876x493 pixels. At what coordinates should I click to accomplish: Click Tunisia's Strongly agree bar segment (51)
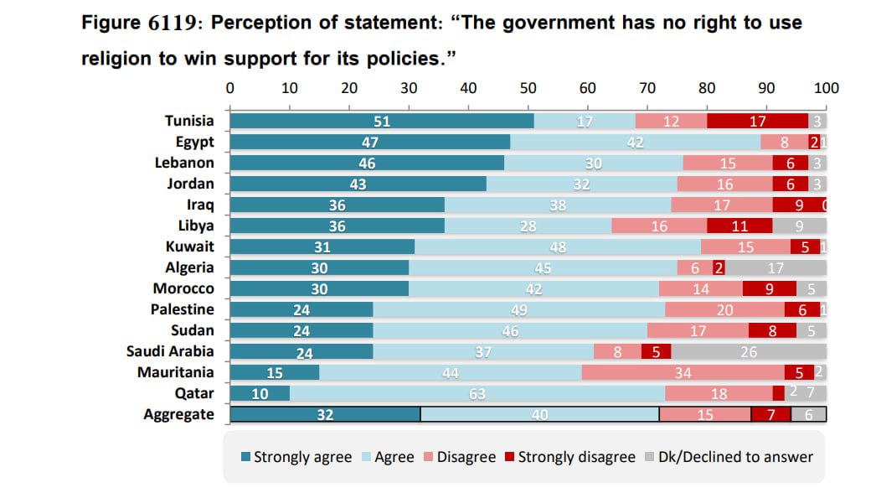pos(382,121)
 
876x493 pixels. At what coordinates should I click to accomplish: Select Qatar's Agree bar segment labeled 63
pos(477,393)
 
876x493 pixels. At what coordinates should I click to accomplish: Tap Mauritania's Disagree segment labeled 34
pos(683,372)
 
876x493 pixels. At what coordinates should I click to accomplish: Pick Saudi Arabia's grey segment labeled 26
pos(749,351)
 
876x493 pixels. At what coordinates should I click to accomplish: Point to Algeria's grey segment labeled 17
pos(776,267)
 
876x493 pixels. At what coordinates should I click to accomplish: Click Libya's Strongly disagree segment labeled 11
pos(739,226)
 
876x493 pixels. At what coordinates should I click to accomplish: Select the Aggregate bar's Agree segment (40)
pos(539,414)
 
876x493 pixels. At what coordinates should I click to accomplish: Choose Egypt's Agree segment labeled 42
pos(635,142)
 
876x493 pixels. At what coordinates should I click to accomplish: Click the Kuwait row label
pos(189,246)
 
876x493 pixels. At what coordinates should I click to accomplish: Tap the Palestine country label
pos(182,309)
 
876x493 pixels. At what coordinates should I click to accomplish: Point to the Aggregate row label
pos(178,414)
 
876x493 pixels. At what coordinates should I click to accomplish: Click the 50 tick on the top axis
pos(528,88)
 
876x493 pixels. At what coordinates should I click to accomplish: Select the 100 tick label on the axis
pos(826,88)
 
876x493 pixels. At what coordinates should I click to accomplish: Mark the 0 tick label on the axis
pos(230,88)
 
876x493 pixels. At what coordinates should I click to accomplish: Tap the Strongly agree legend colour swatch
pos(245,457)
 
